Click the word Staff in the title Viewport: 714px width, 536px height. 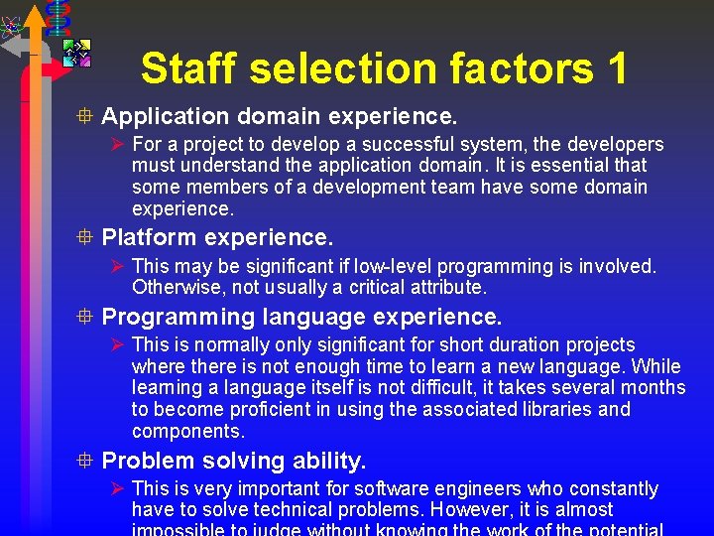pyautogui.click(x=189, y=69)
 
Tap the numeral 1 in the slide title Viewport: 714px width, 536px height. pyautogui.click(x=615, y=69)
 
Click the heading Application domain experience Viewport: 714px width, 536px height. pyautogui.click(x=280, y=117)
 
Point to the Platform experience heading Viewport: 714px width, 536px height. pyautogui.click(x=218, y=238)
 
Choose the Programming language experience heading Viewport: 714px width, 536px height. pyautogui.click(x=302, y=317)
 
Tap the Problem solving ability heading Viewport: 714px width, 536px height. pyautogui.click(x=234, y=461)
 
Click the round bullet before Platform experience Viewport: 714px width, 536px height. pyautogui.click(x=87, y=238)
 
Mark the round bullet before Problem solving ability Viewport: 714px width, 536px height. pyautogui.click(x=87, y=461)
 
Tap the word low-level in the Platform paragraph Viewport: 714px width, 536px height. pyautogui.click(x=378, y=266)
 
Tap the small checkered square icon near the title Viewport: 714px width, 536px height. pyautogui.click(x=77, y=54)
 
